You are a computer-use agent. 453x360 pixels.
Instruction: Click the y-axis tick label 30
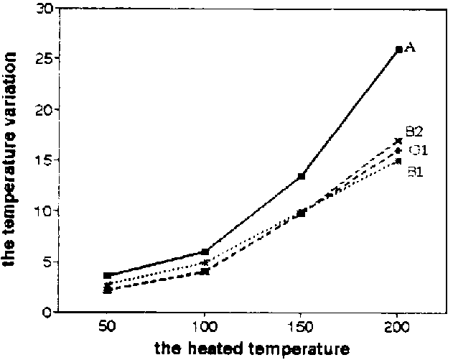coord(45,9)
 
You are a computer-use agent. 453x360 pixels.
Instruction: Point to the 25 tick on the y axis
coord(45,58)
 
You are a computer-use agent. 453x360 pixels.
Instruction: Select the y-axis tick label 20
coord(45,109)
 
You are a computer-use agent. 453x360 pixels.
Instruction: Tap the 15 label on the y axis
coord(45,160)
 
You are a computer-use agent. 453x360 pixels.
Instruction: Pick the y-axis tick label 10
coord(45,211)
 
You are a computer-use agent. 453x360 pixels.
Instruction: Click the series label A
coord(411,47)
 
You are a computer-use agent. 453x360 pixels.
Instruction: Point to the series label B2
coord(413,131)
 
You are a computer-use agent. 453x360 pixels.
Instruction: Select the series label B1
coord(414,172)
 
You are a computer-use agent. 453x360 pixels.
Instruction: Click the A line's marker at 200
coord(399,50)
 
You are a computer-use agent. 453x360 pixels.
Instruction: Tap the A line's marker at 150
coord(302,176)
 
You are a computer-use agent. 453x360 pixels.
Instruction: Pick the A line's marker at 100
coord(205,251)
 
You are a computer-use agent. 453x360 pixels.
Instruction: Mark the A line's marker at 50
coord(108,275)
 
